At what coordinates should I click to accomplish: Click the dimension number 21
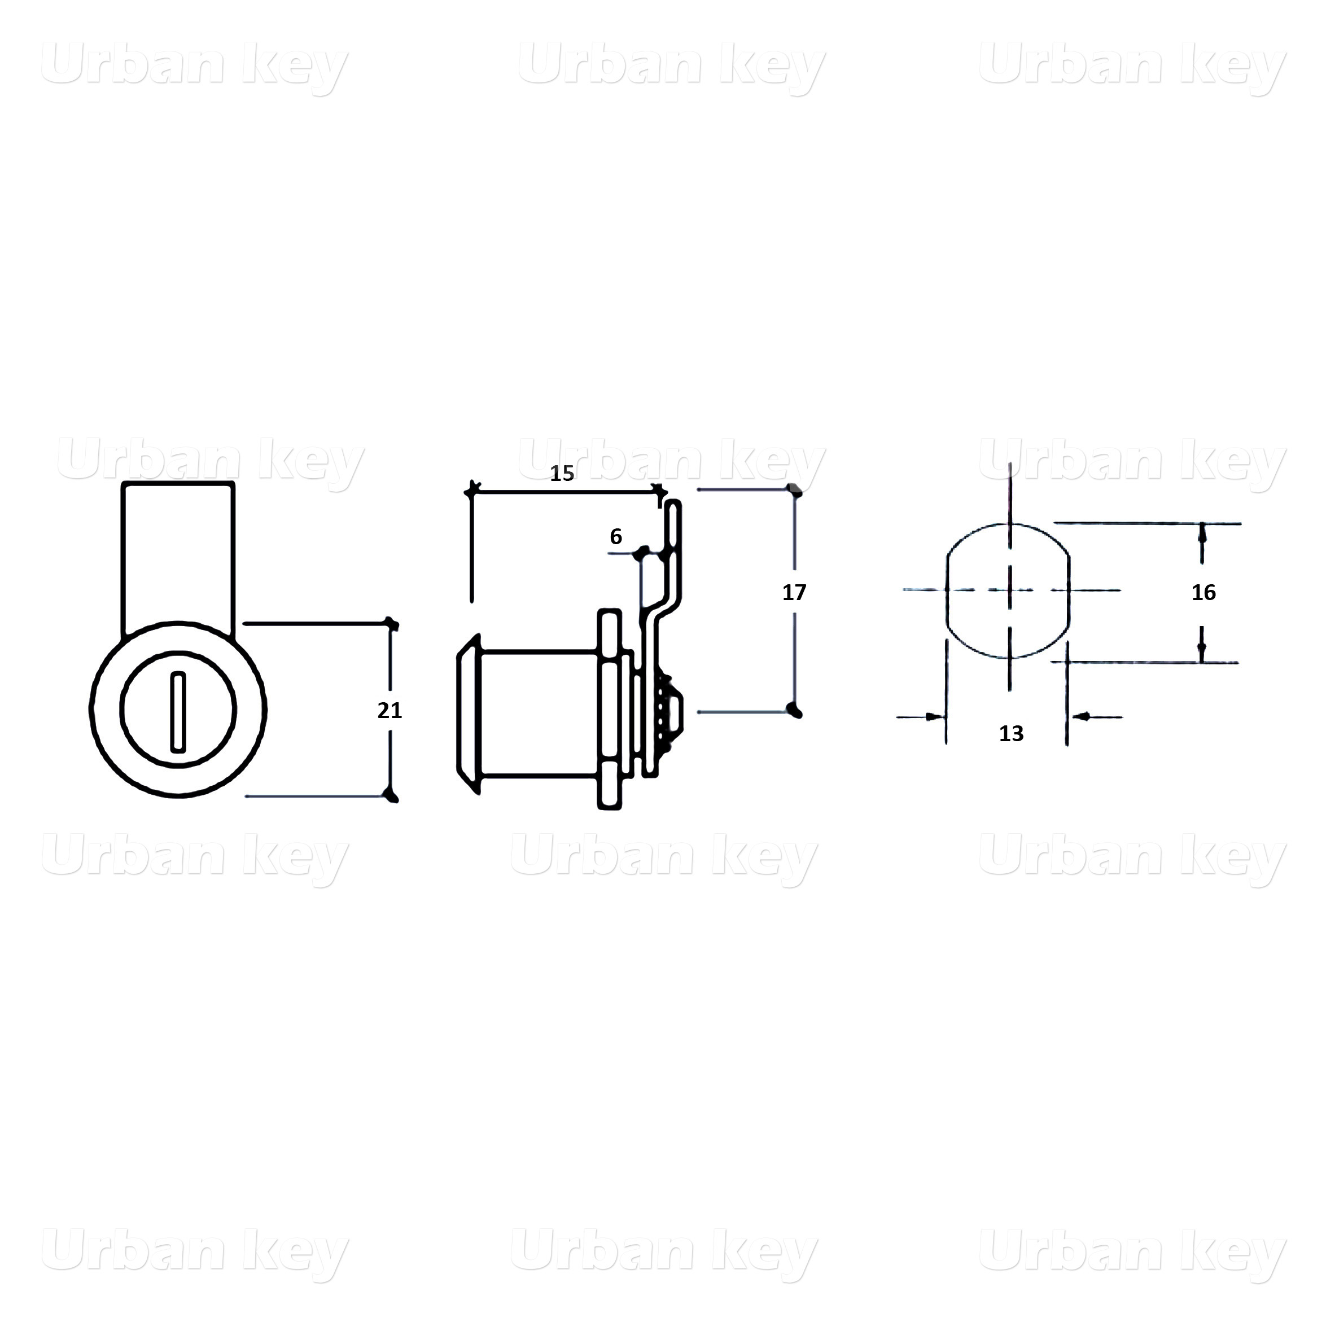click(389, 710)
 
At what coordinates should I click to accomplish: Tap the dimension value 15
click(562, 474)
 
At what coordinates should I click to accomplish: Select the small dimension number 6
click(616, 537)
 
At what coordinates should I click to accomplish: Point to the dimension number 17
click(794, 592)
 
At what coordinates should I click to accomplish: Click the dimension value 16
click(1203, 592)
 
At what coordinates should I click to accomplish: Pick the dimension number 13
click(1011, 734)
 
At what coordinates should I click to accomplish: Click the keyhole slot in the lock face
click(178, 711)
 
